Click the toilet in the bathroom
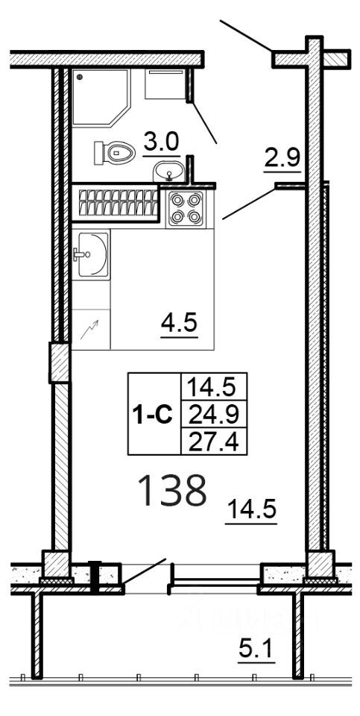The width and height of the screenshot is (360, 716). coord(114,153)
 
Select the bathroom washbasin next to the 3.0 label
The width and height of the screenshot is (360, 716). coord(170,173)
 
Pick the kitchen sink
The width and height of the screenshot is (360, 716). coord(91,254)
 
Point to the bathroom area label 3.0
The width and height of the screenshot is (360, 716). coord(161,142)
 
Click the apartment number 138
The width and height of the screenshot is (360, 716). coord(172,492)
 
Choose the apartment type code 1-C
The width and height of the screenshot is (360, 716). coord(153,414)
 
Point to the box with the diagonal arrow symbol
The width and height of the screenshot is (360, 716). coord(91,328)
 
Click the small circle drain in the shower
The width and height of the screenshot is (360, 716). coord(80,75)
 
